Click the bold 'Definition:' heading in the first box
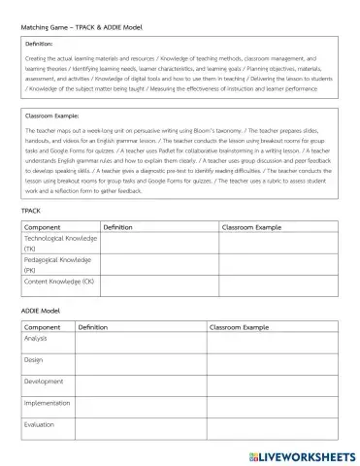click(40, 44)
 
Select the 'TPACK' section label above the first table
click(31, 209)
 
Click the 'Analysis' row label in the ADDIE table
click(37, 339)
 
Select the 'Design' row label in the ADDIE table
click(34, 360)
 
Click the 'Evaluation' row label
click(40, 424)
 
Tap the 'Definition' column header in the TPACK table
click(123, 226)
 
